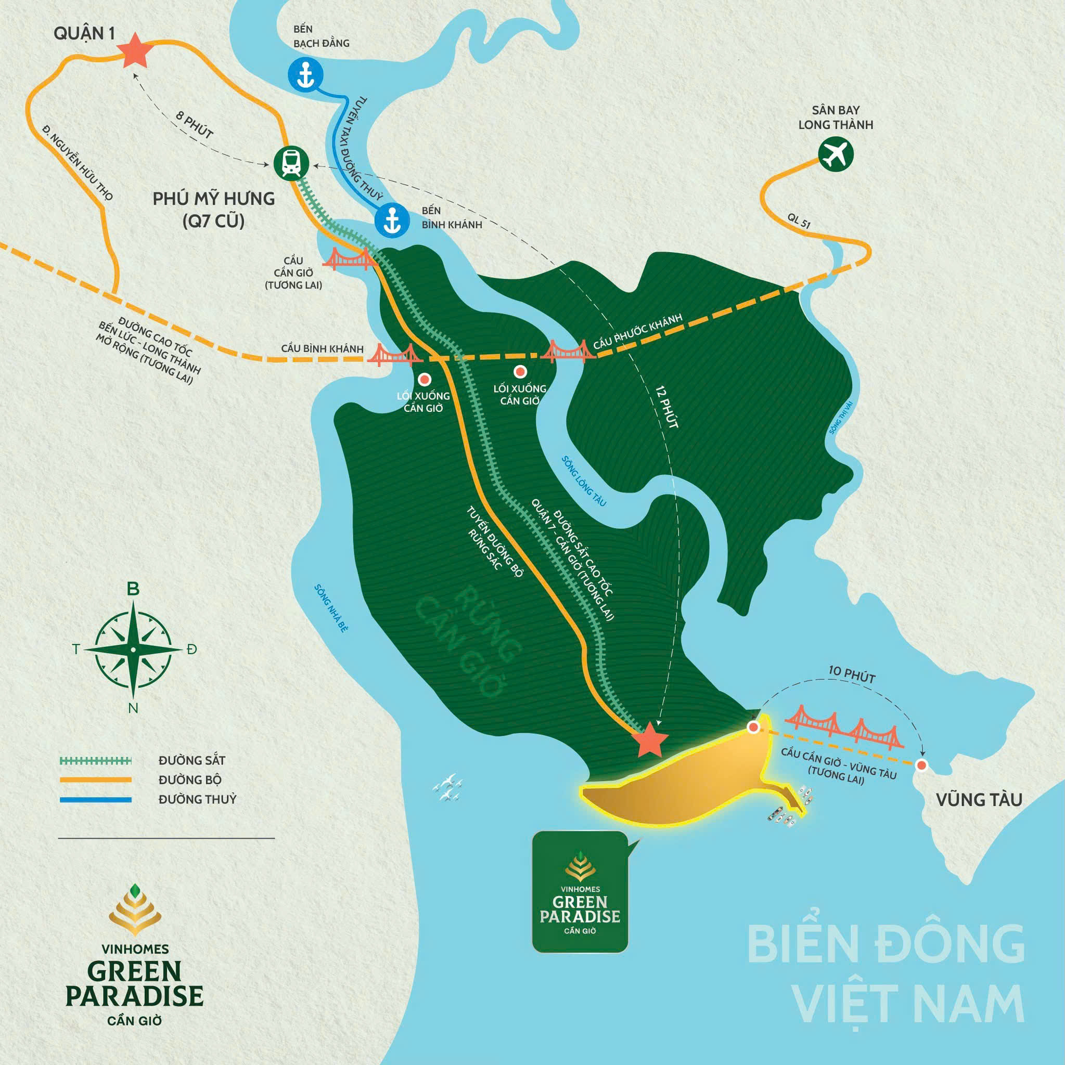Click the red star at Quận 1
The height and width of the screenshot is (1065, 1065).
pyautogui.click(x=136, y=50)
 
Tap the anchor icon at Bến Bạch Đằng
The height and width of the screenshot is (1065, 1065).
pyautogui.click(x=305, y=74)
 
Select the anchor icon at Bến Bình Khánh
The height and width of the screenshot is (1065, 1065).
pyautogui.click(x=392, y=220)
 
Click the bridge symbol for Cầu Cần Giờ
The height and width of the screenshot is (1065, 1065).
pyautogui.click(x=349, y=258)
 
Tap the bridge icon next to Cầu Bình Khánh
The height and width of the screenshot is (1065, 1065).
pyautogui.click(x=395, y=355)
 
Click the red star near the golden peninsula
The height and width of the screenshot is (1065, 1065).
pyautogui.click(x=650, y=739)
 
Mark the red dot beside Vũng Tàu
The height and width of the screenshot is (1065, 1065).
pyautogui.click(x=921, y=765)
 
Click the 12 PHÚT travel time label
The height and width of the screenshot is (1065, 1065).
pyautogui.click(x=666, y=407)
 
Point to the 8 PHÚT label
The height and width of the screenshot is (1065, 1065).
pyautogui.click(x=194, y=124)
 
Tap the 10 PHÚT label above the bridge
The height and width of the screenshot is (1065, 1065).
pyautogui.click(x=852, y=676)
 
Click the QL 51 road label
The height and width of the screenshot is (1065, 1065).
pyautogui.click(x=799, y=221)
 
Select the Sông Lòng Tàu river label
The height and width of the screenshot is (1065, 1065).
pyautogui.click(x=584, y=480)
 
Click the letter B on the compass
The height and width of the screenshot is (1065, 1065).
pyautogui.click(x=133, y=589)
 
